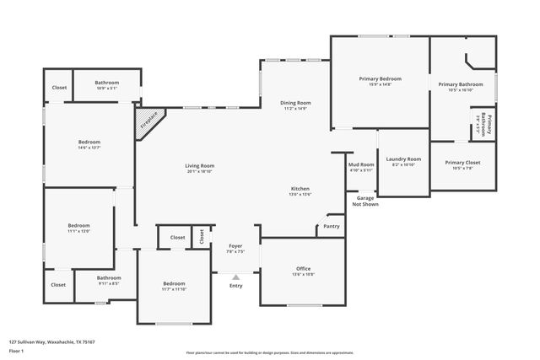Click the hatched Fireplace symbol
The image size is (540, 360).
(x=148, y=122)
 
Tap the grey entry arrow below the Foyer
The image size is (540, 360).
(x=235, y=276)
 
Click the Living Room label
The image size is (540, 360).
(x=200, y=166)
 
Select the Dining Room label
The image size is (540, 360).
(x=295, y=103)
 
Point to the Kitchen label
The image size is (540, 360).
(x=300, y=189)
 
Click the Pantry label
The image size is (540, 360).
(x=332, y=226)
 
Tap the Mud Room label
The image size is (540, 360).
(x=361, y=164)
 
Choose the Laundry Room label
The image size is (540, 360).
(x=402, y=159)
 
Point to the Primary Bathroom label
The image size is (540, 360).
(x=460, y=84)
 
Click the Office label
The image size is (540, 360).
(x=303, y=269)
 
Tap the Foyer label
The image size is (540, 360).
(x=235, y=246)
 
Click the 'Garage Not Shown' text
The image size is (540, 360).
(x=365, y=201)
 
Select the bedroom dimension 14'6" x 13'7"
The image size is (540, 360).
(x=89, y=148)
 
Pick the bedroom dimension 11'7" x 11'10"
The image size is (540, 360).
(x=173, y=290)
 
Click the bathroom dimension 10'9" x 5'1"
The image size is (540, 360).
(x=106, y=88)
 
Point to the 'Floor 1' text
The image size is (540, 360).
(x=16, y=351)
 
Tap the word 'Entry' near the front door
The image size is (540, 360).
(x=235, y=286)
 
